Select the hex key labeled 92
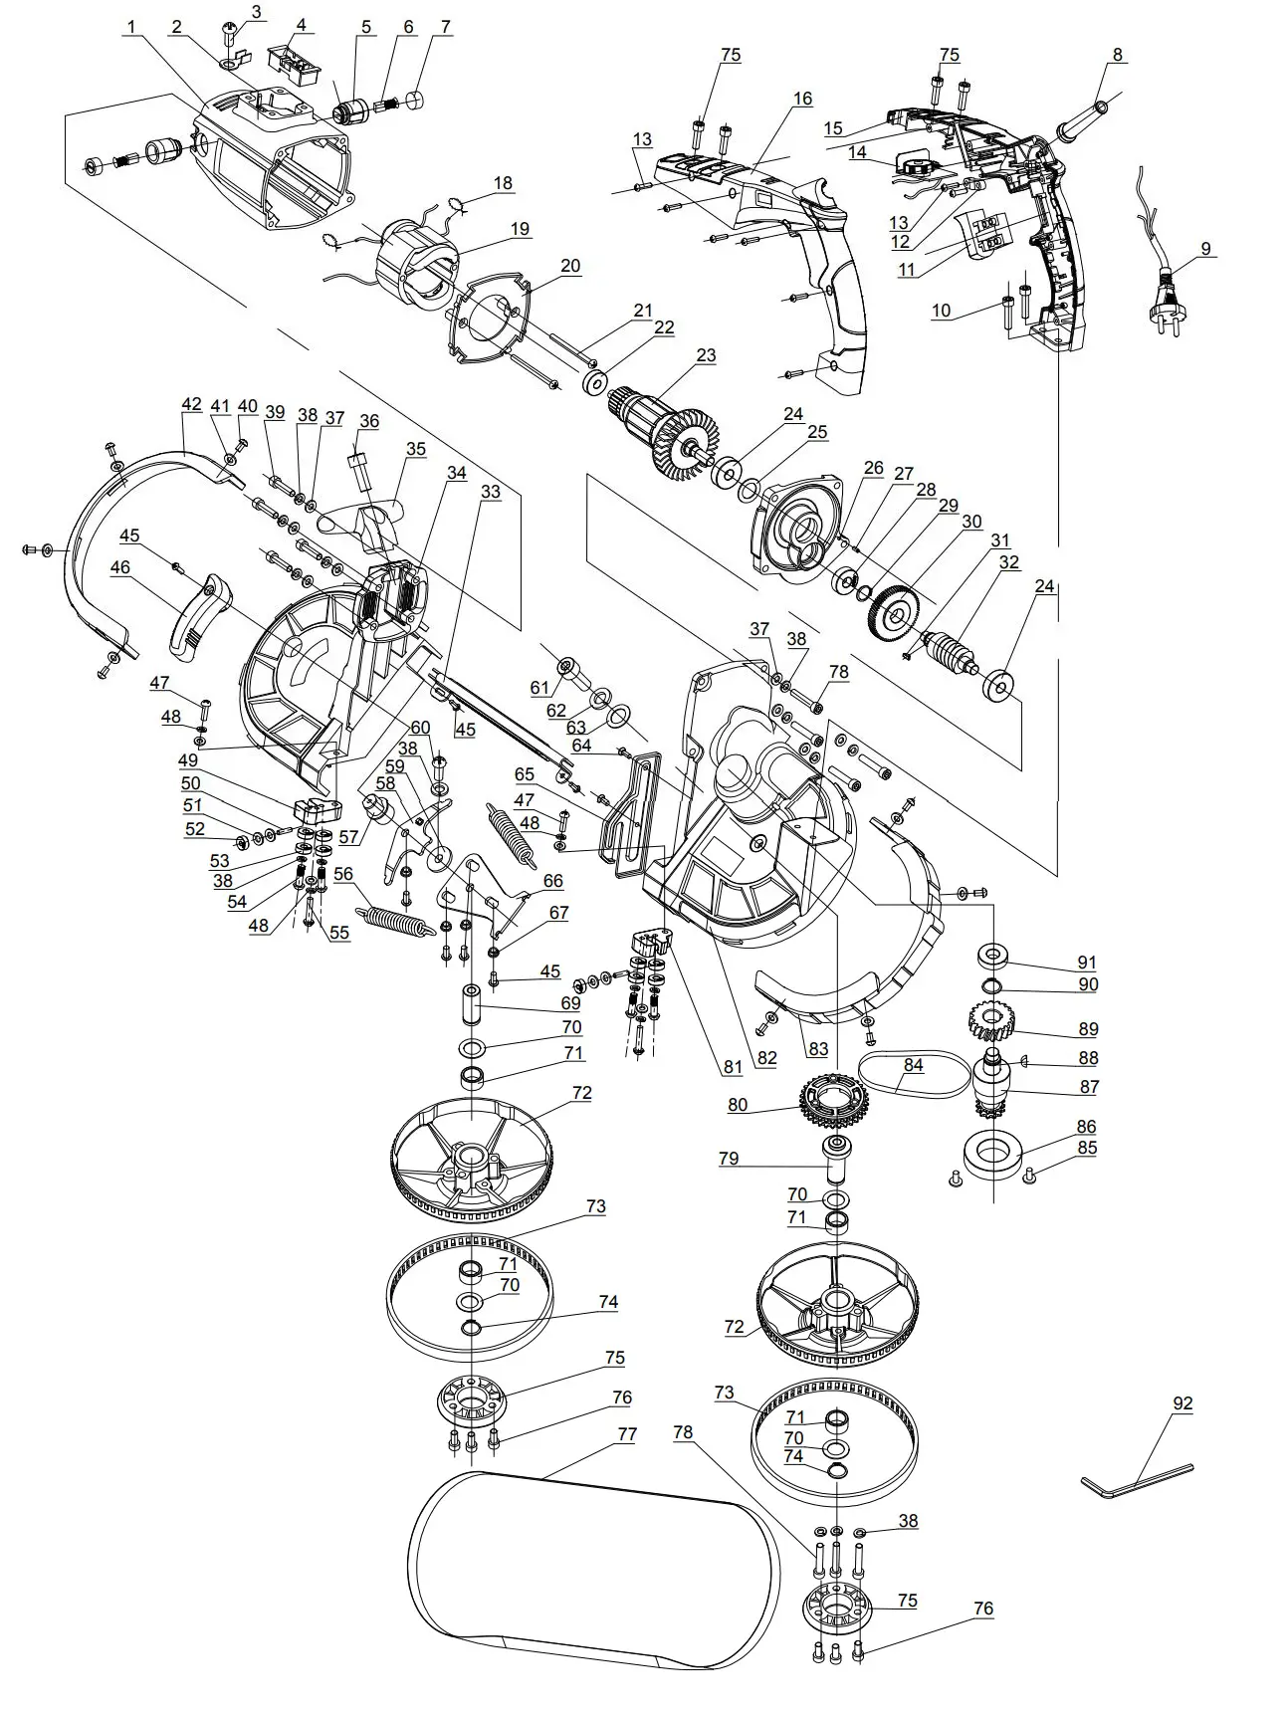1135,1480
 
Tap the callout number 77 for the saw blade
627,1434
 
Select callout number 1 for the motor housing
129,28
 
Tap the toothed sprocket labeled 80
834,1101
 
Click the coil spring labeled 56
395,920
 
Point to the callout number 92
1182,1403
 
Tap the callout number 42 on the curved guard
192,405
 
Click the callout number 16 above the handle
802,99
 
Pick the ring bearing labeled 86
992,1158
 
